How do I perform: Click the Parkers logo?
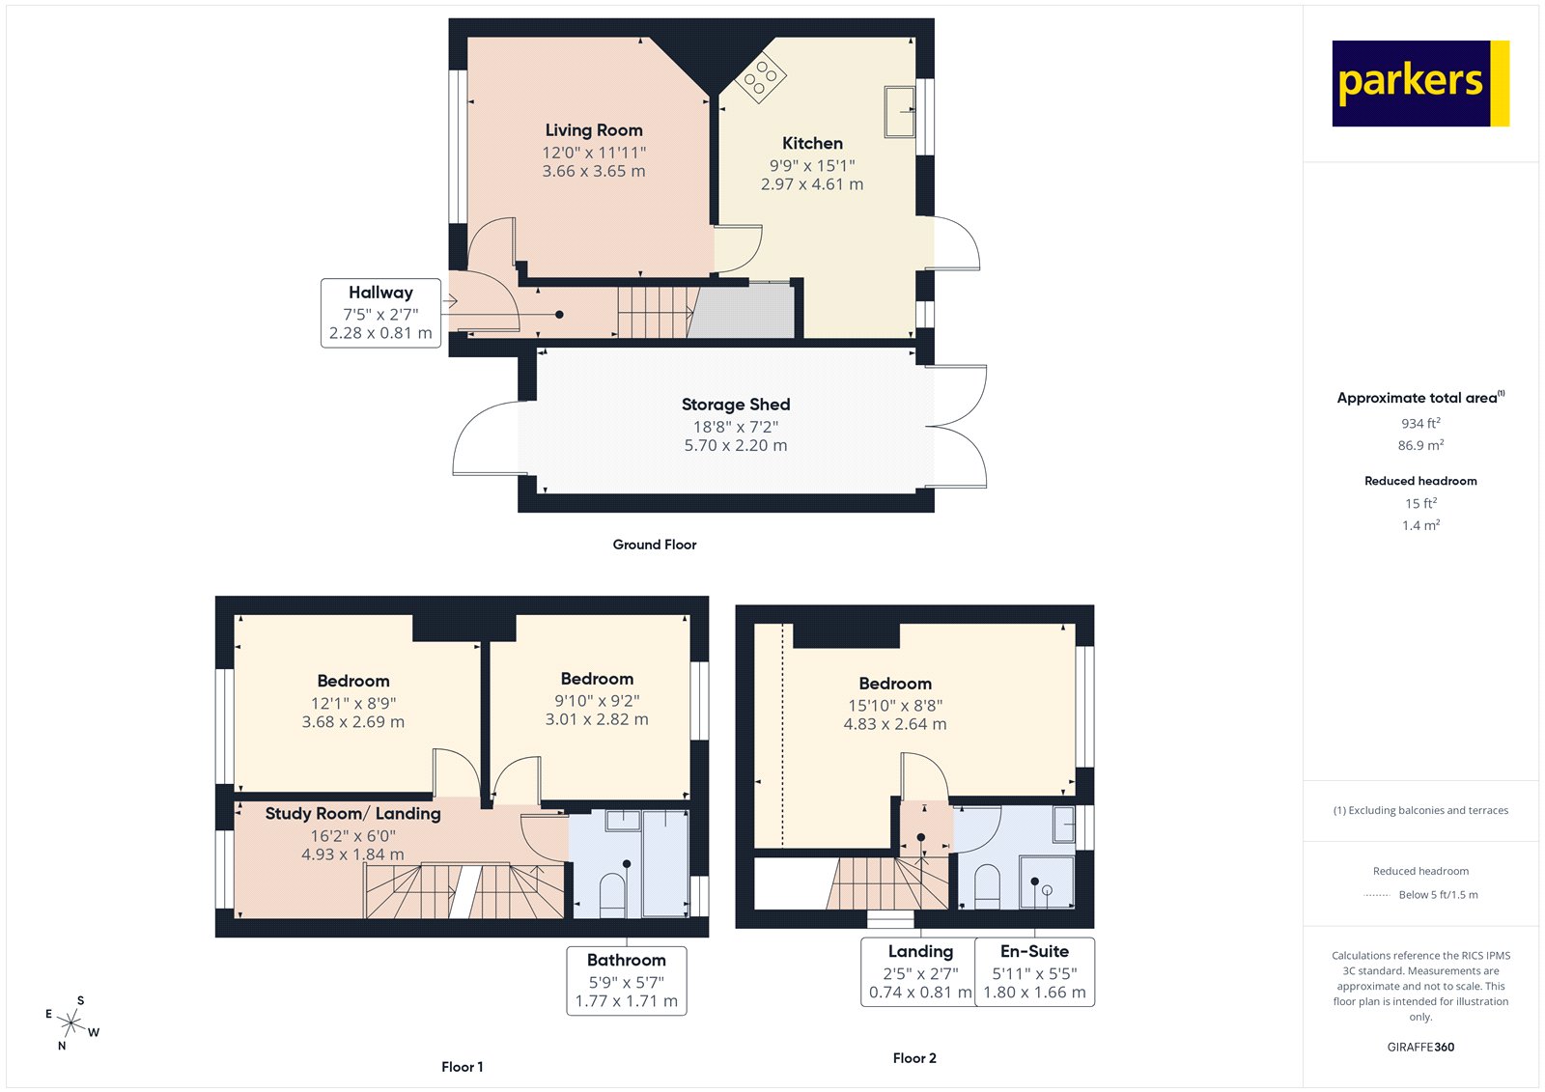[1419, 83]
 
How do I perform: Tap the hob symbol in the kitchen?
[761, 77]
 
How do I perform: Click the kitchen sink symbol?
[899, 111]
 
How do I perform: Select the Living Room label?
[593, 130]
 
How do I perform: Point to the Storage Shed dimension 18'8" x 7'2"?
[735, 426]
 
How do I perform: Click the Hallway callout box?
[380, 313]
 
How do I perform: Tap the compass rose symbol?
[71, 1022]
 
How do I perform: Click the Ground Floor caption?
[654, 545]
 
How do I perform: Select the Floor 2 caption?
[913, 1058]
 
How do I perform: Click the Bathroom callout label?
[626, 960]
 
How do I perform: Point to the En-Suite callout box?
[1034, 971]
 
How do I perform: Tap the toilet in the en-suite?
[986, 886]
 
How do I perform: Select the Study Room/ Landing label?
[352, 814]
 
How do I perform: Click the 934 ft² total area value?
[1420, 424]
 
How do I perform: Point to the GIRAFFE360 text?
[1420, 1047]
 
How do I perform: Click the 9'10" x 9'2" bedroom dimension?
[596, 701]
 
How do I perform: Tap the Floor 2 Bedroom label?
[894, 684]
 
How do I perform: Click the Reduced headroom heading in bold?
[1420, 481]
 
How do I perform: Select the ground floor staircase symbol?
[655, 312]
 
